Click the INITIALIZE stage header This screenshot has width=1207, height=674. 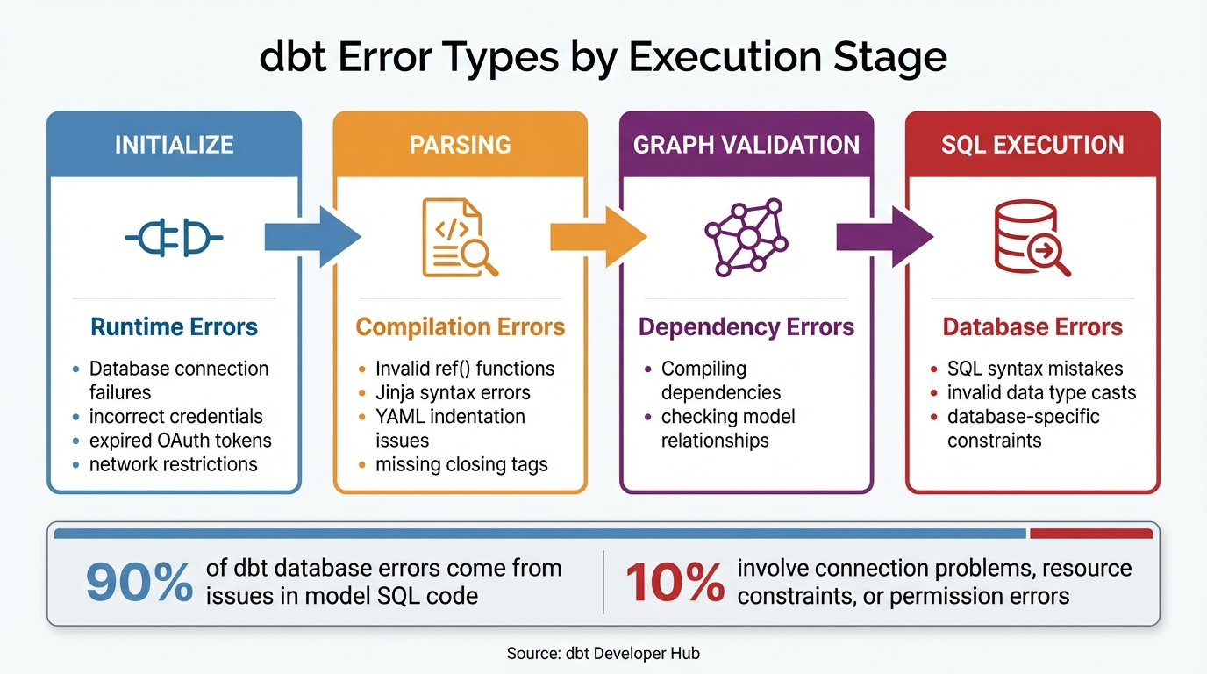pos(174,145)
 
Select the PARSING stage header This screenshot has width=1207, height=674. pos(460,145)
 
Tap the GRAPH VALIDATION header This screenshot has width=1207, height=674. pos(746,145)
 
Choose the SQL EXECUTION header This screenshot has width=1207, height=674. pos(1032,145)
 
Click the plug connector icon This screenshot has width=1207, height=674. pos(174,237)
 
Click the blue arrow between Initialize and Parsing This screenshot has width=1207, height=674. pos(314,236)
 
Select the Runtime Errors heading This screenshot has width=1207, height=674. pos(174,327)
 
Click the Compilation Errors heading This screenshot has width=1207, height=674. pos(460,327)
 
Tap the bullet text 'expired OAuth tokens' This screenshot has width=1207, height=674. pos(181,440)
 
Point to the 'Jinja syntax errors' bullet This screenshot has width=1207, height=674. pos(453,392)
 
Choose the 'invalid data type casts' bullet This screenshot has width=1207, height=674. pos(1041,392)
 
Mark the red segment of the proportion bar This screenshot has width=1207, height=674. pos(1090,533)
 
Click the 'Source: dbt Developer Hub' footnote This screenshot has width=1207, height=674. pos(603,653)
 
